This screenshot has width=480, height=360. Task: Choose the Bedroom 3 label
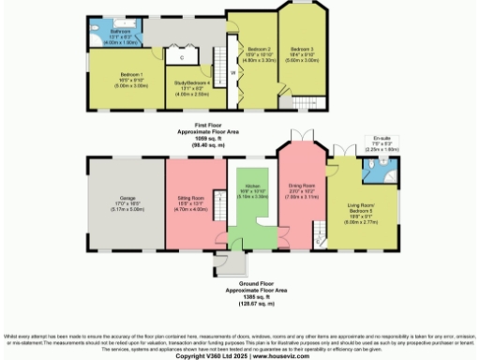(x=302, y=50)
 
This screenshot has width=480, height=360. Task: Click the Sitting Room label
(x=191, y=199)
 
